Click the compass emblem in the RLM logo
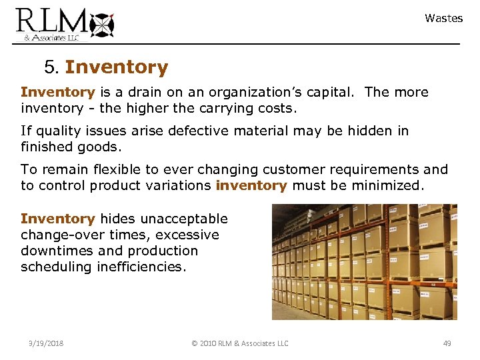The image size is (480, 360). point(101,25)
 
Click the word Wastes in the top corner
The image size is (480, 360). point(443,19)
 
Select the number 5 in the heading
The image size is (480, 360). point(51,67)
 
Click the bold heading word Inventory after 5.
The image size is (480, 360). point(117,67)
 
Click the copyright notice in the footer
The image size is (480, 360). point(239,343)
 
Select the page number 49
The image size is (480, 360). point(447,343)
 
